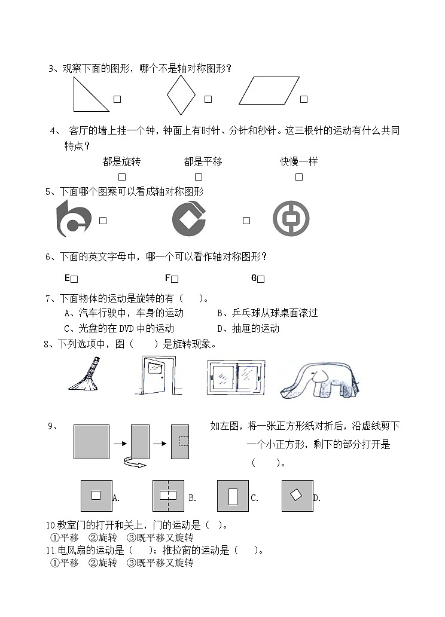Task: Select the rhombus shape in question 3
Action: pos(181,95)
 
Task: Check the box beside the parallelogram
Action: pos(304,99)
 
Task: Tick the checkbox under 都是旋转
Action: pos(122,177)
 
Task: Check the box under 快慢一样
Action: pos(299,177)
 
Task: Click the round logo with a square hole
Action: pos(291,218)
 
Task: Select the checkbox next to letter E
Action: pos(75,279)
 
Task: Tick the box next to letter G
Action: pos(261,279)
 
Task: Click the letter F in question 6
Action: pos(167,278)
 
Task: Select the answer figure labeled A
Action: pos(96,495)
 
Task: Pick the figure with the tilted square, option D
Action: pos(297,496)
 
